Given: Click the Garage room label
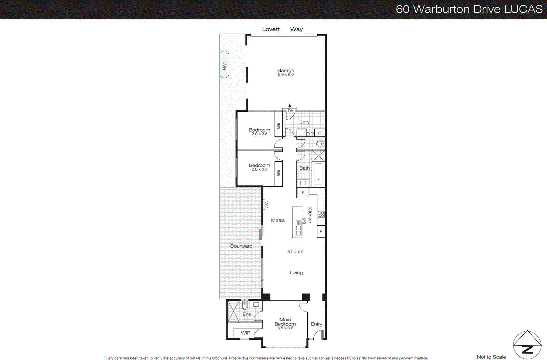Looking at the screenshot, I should click(x=285, y=70).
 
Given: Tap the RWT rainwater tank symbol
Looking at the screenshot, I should click(x=224, y=65).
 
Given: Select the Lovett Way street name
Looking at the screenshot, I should click(x=282, y=29).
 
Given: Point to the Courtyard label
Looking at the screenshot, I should click(x=241, y=246).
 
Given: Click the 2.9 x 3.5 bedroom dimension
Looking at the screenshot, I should click(x=259, y=134).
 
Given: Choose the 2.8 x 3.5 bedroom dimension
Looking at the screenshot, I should click(x=259, y=170).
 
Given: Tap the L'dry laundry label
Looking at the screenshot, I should click(x=304, y=122).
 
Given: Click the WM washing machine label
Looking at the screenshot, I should click(x=310, y=133).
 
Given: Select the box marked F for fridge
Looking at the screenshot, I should click(x=303, y=192).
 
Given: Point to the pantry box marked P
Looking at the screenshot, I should click(x=321, y=231).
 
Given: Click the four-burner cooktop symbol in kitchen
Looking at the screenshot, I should click(x=321, y=215).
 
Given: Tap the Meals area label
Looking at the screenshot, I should click(x=278, y=221).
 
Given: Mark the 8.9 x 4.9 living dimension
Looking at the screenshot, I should click(x=295, y=252).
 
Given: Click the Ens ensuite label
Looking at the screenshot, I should click(x=246, y=314).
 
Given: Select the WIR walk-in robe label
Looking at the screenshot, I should click(x=245, y=333).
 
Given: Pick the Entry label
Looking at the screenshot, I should click(x=316, y=324).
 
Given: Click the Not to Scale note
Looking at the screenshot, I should click(x=491, y=357).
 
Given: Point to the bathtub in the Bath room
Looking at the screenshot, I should click(x=318, y=174).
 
